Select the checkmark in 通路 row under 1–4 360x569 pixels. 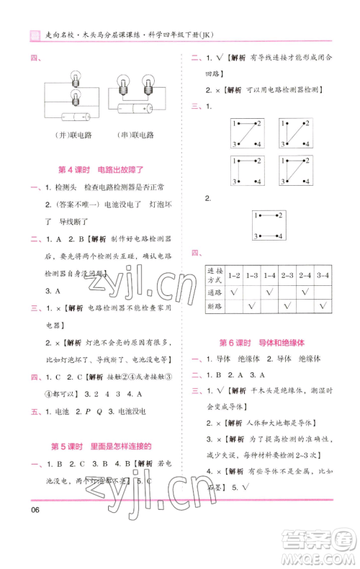click(269, 292)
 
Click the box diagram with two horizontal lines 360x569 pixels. click(269, 225)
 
